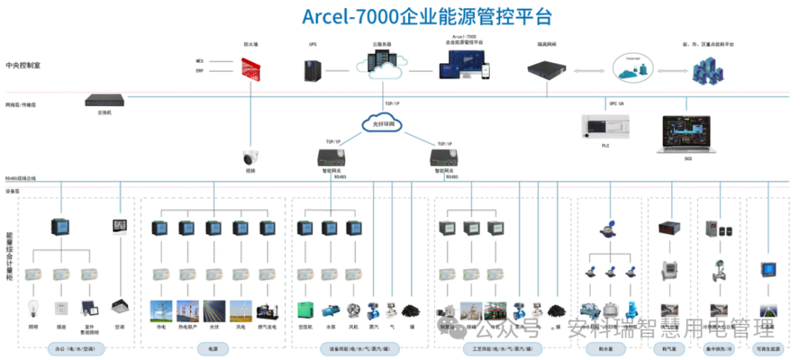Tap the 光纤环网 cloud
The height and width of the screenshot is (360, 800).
(381, 124)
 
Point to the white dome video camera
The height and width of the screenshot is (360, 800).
(249, 157)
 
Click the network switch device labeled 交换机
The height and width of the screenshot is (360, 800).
(104, 100)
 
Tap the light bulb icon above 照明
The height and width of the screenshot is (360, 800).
(33, 307)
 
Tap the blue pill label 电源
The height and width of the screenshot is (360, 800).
(213, 347)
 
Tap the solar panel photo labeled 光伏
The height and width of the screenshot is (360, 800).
(213, 309)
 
